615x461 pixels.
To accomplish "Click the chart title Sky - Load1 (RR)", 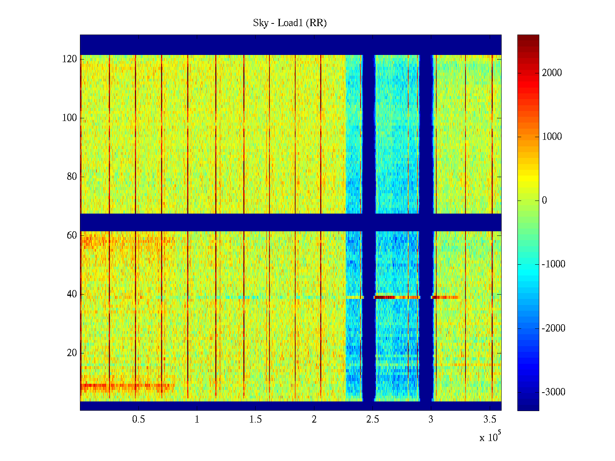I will pyautogui.click(x=290, y=23).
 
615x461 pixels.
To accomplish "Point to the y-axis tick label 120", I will pyautogui.click(x=70, y=59).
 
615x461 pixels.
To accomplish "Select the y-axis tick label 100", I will pyautogui.click(x=70, y=118).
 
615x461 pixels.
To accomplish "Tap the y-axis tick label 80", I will pyautogui.click(x=72, y=177).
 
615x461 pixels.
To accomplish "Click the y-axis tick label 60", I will pyautogui.click(x=72, y=235).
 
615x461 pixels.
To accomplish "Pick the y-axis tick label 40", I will pyautogui.click(x=72, y=294).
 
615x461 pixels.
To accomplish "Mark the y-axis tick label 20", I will pyautogui.click(x=72, y=353).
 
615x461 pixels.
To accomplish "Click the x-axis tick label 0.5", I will pyautogui.click(x=138, y=420).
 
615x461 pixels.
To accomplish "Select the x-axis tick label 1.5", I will pyautogui.click(x=256, y=420).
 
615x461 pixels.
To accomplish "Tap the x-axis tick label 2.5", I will pyautogui.click(x=372, y=420).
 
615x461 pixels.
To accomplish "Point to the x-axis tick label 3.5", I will pyautogui.click(x=490, y=420).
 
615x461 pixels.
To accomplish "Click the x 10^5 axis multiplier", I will pyautogui.click(x=490, y=437).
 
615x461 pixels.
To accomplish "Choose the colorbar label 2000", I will pyautogui.click(x=552, y=73).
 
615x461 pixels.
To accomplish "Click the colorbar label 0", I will pyautogui.click(x=544, y=201).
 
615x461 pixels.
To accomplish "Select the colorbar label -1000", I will pyautogui.click(x=553, y=264).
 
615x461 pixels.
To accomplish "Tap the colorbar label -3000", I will pyautogui.click(x=553, y=392).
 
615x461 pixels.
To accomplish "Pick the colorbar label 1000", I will pyautogui.click(x=552, y=137).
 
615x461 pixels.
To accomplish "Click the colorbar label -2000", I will pyautogui.click(x=553, y=328).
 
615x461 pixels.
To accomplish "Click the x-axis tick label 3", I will pyautogui.click(x=431, y=420).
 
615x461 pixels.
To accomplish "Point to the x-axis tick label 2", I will pyautogui.click(x=314, y=420).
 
